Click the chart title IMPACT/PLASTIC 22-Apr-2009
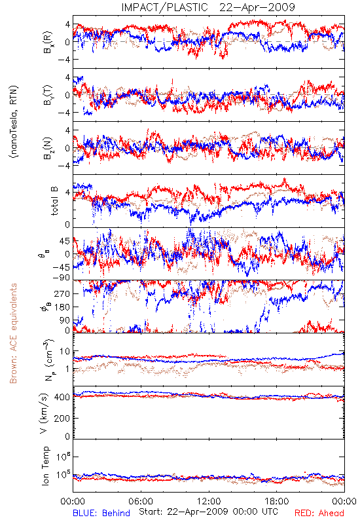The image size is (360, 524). point(208,7)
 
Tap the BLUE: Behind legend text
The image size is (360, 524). point(101,513)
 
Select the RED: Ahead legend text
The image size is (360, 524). point(319,513)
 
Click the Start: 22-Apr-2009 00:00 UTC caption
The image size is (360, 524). point(208,512)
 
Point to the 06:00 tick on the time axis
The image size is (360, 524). point(141,501)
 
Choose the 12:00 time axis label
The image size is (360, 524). point(209,501)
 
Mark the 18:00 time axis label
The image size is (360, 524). point(276,501)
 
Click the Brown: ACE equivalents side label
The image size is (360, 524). point(13,333)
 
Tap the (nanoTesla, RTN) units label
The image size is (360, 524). point(14,121)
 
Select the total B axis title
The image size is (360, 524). point(54,201)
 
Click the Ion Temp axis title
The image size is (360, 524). point(45,466)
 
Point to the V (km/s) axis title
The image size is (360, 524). point(44,413)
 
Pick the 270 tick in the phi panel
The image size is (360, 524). point(62,293)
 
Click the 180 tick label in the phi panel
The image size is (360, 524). point(62,307)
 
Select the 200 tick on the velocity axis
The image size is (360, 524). point(62,418)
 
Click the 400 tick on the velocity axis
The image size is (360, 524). point(62,398)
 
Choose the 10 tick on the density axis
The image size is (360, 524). point(65,352)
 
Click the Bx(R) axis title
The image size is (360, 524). point(48,42)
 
